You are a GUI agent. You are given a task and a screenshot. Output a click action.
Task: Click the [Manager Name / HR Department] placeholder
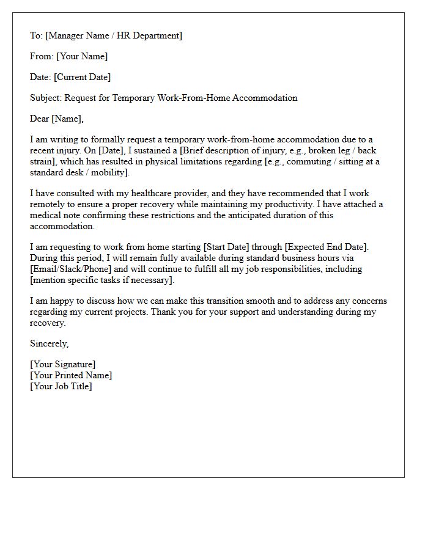113,35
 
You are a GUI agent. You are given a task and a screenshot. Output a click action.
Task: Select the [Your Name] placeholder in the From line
82,56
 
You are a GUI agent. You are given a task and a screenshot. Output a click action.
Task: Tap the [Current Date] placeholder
83,77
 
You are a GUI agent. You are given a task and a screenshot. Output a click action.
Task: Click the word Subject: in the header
46,98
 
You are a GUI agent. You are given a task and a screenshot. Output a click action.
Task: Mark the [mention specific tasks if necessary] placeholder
102,280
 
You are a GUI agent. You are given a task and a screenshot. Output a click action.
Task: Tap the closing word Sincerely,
50,343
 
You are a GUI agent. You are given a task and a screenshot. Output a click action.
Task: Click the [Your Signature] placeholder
63,365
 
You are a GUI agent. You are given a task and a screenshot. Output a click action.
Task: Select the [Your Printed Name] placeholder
71,375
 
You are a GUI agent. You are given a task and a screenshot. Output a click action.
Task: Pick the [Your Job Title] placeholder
61,386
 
